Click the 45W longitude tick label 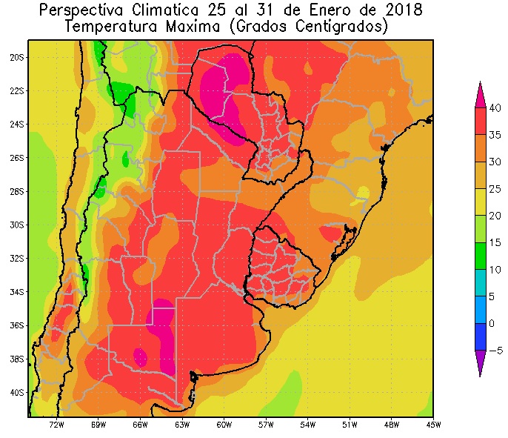pyautogui.click(x=433, y=425)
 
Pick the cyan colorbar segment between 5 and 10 pyautogui.click(x=480, y=283)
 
